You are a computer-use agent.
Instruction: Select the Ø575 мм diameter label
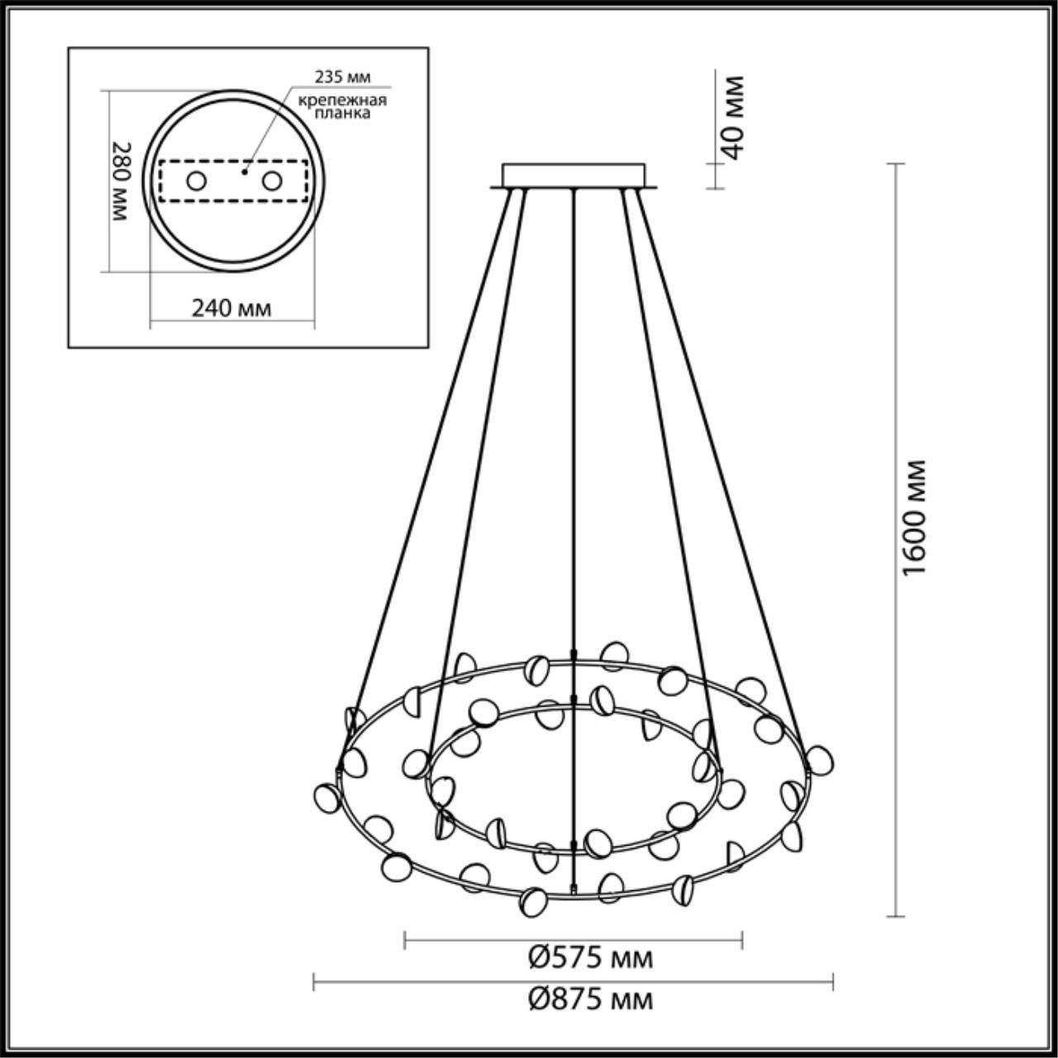(590, 958)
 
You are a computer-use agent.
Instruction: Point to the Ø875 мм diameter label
(590, 999)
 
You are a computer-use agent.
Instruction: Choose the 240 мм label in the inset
(231, 308)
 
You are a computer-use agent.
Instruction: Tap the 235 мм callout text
(342, 77)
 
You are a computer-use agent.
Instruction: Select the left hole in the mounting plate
(196, 180)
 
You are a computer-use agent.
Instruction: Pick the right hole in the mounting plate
(272, 180)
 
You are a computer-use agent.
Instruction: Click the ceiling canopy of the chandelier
(574, 174)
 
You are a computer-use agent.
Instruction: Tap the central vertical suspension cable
(573, 413)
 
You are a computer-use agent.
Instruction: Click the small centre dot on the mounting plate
(244, 173)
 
